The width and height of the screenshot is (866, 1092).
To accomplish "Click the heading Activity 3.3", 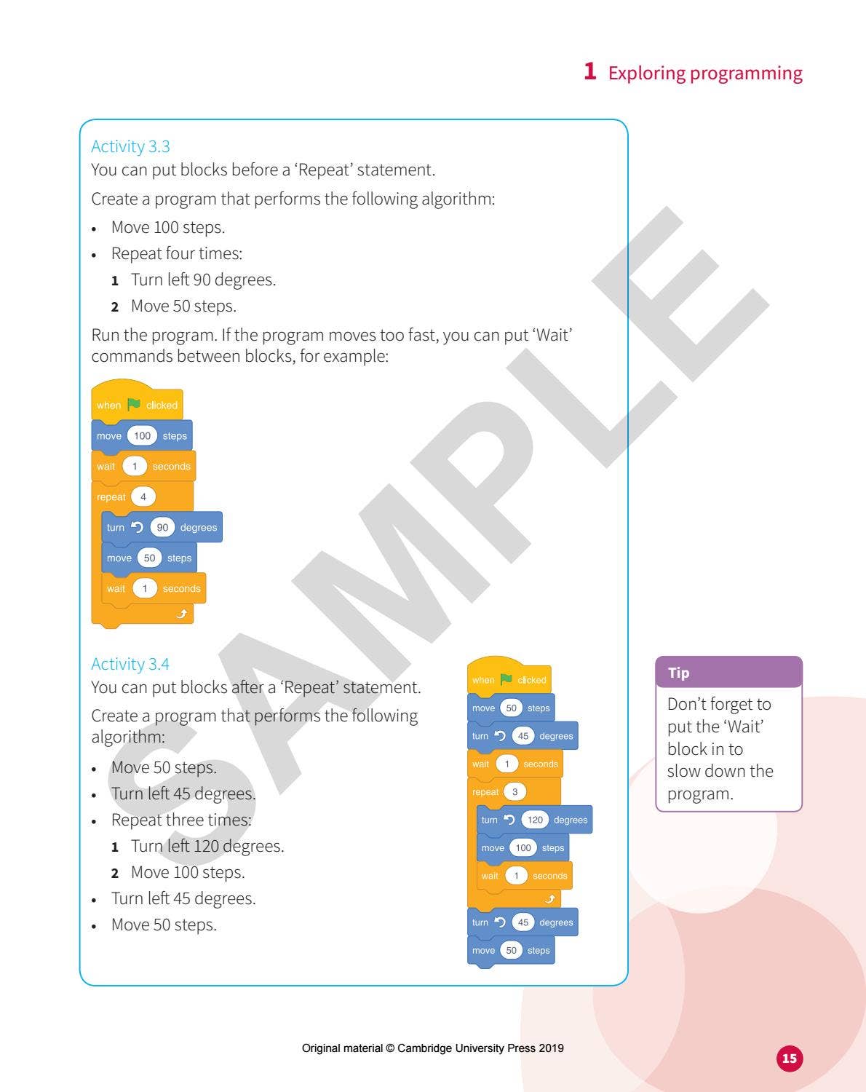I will click(x=130, y=146).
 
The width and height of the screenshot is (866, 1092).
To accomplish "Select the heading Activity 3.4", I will click(x=130, y=664).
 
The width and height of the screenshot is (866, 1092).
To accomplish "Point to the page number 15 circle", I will click(x=790, y=1059).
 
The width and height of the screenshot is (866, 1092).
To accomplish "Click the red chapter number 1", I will click(x=590, y=71).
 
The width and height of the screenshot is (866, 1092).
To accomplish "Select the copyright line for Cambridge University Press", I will click(x=432, y=1048).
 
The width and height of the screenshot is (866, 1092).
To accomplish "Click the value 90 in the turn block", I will click(x=162, y=528).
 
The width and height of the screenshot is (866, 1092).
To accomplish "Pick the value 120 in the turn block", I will click(x=535, y=820).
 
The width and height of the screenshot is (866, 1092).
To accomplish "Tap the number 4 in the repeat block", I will click(x=143, y=497).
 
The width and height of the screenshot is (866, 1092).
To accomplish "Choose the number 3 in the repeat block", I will click(x=515, y=792).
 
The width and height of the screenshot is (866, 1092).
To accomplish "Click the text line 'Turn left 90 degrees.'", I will click(x=203, y=280).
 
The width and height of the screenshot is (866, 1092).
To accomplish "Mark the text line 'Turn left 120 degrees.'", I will click(x=207, y=847).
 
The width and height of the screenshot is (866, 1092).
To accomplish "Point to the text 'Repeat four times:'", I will click(x=177, y=254).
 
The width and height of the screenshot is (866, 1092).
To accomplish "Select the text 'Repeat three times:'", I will click(x=181, y=820).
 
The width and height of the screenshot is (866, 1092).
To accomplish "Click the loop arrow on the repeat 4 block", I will click(x=182, y=614).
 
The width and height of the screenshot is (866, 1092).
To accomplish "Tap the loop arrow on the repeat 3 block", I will click(x=550, y=899).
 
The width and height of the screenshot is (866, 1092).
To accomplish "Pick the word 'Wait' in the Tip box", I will click(x=744, y=727).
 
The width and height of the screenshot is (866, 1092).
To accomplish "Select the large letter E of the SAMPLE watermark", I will click(x=680, y=335).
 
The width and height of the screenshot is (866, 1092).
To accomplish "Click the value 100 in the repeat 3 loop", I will click(x=523, y=848).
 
